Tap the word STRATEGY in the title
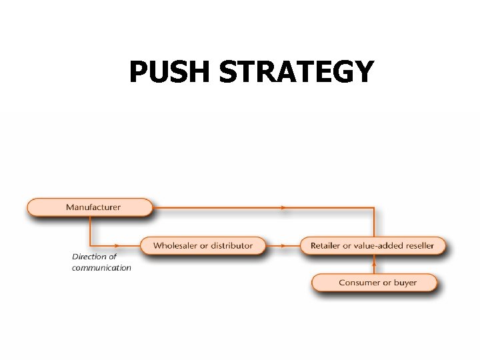pos(296,72)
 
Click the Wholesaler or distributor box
pos(203,246)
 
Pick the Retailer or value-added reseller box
pos(372,246)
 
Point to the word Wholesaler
pos(175,246)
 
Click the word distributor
pos(231,246)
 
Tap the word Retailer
pos(325,246)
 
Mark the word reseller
pos(418,246)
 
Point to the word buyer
pos(405,283)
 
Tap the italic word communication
pos(101,268)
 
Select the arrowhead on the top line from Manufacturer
pos(284,208)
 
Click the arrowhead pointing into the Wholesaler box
pos(117,245)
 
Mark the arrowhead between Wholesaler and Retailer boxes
pos(284,245)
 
